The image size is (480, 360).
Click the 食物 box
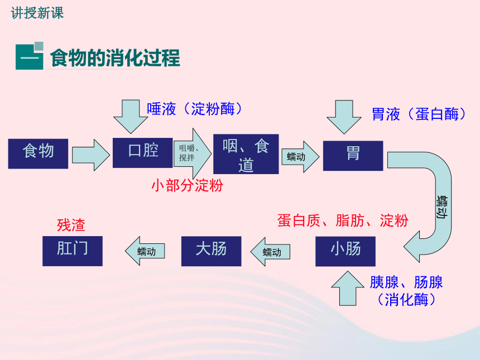point(38,153)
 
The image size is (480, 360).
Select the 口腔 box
point(143,153)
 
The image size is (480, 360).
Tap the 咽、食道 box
point(246,154)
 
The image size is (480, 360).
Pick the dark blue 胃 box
point(353,156)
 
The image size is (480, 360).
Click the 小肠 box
point(345,251)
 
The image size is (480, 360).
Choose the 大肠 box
point(211,251)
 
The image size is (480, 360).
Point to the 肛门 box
point(73,251)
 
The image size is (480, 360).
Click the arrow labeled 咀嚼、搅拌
point(192,153)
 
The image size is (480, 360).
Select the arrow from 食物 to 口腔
point(91,155)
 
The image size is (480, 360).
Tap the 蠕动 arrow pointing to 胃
point(300,157)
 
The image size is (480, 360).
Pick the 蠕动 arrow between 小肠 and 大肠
point(270,252)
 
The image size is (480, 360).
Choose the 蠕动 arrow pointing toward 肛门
point(145,251)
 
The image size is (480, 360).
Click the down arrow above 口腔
point(131,116)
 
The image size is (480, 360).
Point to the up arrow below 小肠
point(348,289)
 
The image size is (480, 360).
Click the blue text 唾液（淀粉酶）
point(195,109)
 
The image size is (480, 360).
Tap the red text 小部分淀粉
point(188,185)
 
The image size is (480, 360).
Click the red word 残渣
point(71,225)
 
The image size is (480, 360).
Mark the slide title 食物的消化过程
point(115,58)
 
